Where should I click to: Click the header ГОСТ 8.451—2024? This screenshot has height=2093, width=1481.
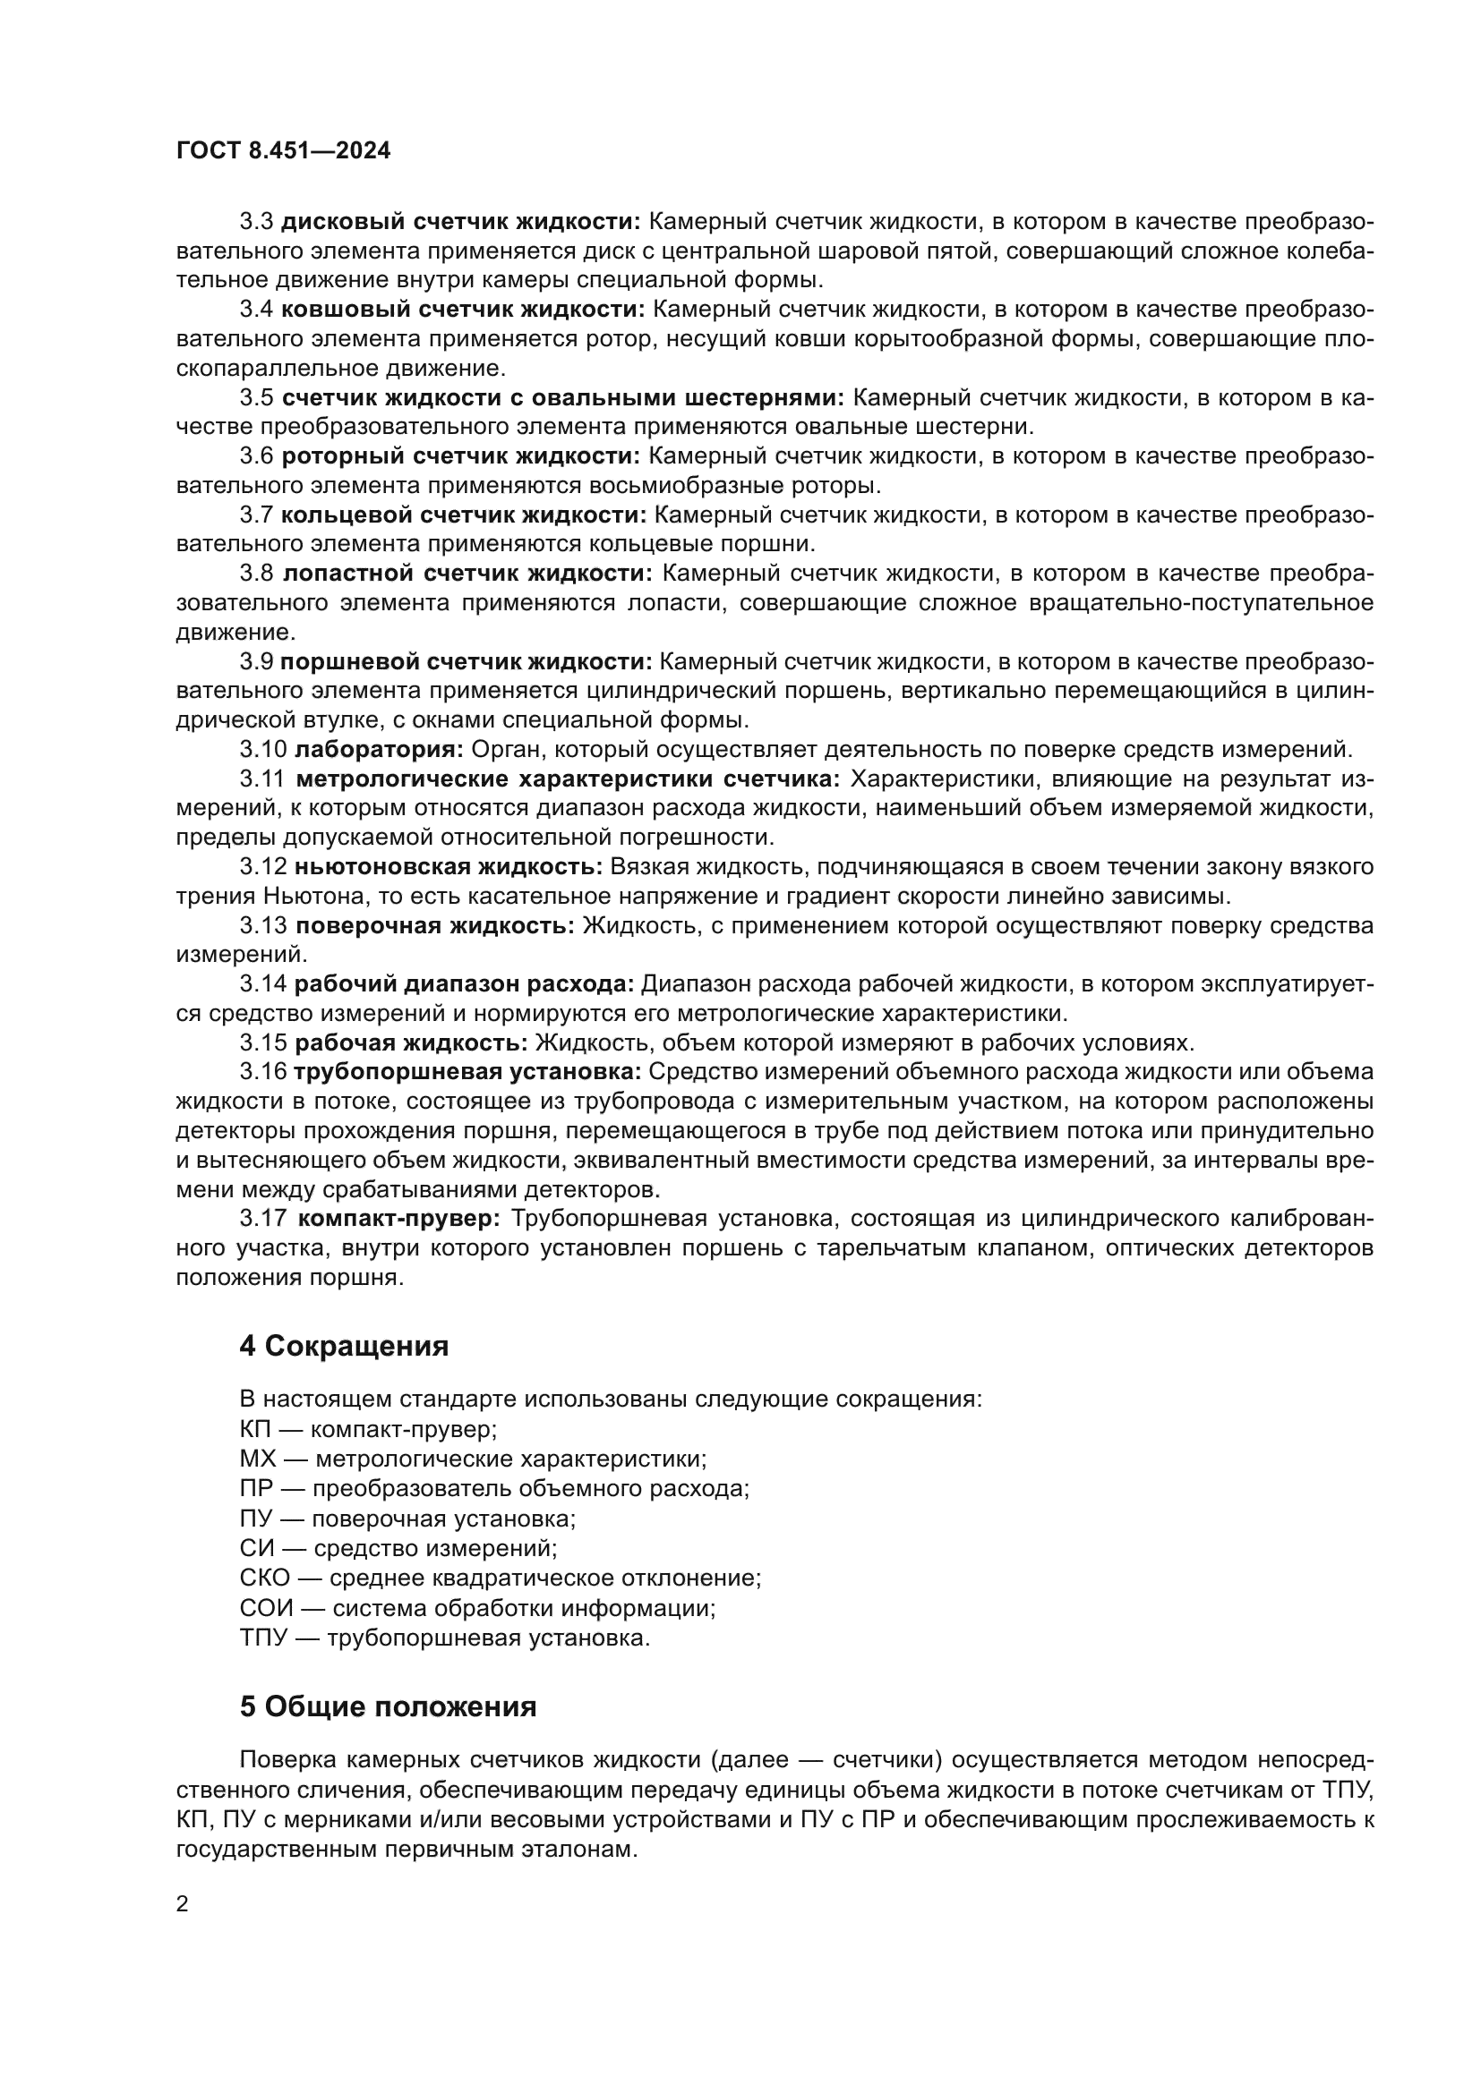click(x=283, y=151)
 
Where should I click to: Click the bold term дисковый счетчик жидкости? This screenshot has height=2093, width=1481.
click(x=460, y=222)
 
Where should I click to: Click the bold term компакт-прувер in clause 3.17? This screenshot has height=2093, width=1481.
click(x=399, y=1219)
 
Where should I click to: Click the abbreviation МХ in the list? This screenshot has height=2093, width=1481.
click(x=257, y=1459)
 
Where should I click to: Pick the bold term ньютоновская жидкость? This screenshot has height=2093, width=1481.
click(x=449, y=867)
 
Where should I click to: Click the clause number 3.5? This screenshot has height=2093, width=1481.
click(x=256, y=397)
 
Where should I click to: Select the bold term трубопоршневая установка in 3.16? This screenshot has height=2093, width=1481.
click(x=467, y=1072)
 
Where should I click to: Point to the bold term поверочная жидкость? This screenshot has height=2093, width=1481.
click(x=435, y=926)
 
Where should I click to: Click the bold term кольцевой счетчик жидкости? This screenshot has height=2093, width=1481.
click(x=463, y=515)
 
